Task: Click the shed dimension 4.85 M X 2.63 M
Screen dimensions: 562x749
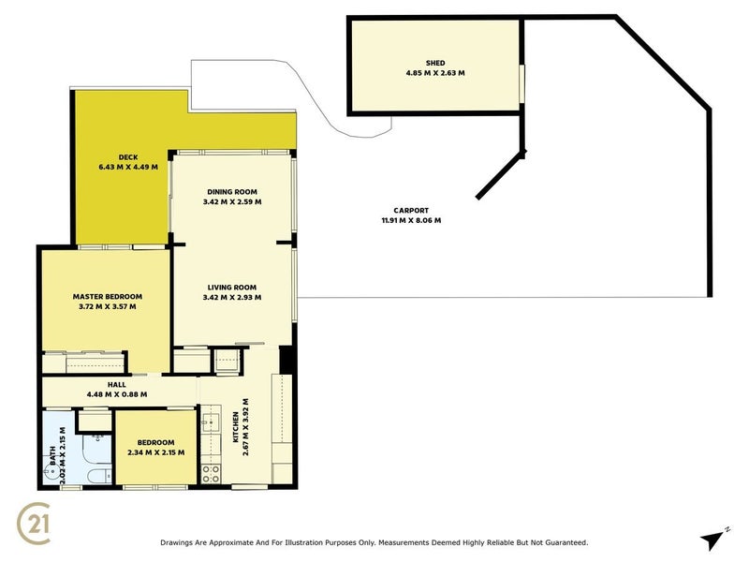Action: coord(434,73)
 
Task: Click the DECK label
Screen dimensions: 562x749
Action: coord(128,156)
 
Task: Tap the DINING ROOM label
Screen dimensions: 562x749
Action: coord(232,191)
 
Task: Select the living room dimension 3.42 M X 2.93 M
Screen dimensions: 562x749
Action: coord(232,297)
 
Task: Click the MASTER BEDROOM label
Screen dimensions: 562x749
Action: coord(107,296)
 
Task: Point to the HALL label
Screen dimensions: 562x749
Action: coord(116,383)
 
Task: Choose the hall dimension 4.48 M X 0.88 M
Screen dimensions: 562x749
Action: coord(116,393)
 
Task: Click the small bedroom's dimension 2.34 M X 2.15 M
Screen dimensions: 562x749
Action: coord(155,452)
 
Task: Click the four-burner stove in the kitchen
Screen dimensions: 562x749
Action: coord(211,474)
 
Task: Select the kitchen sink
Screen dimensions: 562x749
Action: coord(210,426)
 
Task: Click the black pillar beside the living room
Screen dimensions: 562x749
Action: coord(286,359)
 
